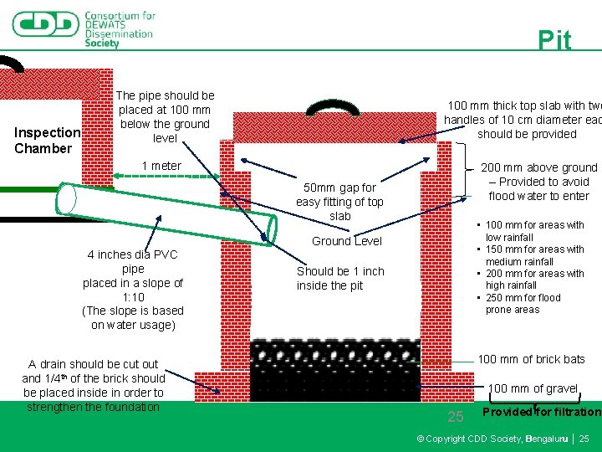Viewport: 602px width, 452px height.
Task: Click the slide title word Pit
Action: [x=554, y=40]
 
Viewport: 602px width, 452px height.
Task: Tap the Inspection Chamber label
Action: [x=47, y=141]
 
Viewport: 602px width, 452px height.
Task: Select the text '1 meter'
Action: [x=161, y=166]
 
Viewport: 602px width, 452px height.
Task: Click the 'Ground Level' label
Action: [x=347, y=241]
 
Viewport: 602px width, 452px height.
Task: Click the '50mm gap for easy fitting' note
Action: [x=340, y=202]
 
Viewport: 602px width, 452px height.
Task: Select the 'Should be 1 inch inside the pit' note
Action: [x=340, y=278]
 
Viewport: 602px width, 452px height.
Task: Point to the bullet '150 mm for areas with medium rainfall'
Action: [x=535, y=255]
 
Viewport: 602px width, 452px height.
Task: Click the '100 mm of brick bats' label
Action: [x=531, y=359]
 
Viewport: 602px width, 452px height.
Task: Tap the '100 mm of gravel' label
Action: [x=533, y=388]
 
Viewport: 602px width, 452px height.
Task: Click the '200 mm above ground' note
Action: [x=539, y=182]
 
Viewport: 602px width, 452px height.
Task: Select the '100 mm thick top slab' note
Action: [x=523, y=120]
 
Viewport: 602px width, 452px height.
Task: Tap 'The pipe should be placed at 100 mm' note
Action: [x=165, y=116]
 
